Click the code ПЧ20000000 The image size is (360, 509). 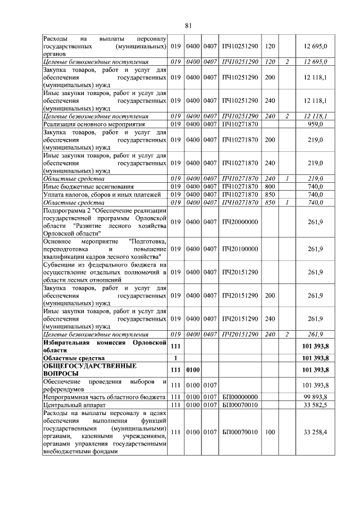(240, 222)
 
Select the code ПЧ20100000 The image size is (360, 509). (240, 249)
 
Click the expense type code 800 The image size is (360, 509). (270, 186)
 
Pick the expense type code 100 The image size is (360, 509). (270, 432)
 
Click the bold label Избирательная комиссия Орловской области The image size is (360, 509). (105, 345)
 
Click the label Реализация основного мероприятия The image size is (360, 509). (94, 124)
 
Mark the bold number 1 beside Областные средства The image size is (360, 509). (176, 357)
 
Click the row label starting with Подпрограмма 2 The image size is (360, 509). (105, 222)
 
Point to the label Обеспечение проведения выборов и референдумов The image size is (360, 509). (105, 385)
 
